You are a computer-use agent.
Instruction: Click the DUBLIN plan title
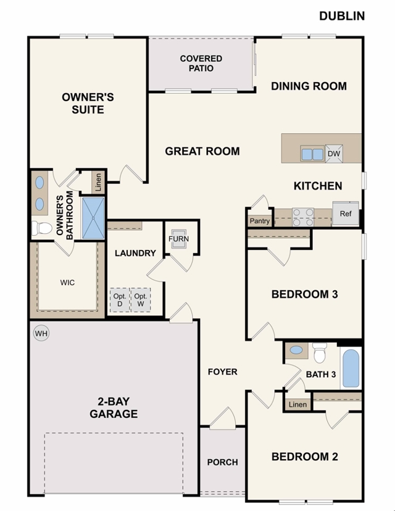coord(341,16)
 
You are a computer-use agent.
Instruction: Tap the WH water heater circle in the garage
coord(41,334)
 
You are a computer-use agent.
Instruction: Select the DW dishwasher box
coord(334,154)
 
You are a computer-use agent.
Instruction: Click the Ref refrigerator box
coord(346,214)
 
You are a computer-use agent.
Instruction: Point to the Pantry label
coord(260,221)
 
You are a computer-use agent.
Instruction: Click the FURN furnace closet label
coord(178,239)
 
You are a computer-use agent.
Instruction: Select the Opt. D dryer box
coord(120,300)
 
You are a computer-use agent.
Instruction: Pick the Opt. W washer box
coord(141,300)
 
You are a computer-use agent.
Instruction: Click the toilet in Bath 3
coord(319,354)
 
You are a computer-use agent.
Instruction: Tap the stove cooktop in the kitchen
coord(303,216)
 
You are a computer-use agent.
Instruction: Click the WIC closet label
coord(67,283)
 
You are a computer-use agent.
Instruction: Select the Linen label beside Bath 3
coord(297,405)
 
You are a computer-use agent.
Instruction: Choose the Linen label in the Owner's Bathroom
coord(98,182)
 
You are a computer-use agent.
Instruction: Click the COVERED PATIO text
coord(201,64)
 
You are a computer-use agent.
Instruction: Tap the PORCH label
coord(222,462)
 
